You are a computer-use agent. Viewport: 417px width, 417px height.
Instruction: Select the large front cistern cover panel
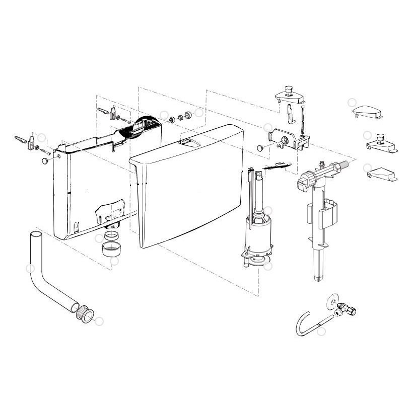pyautogui.click(x=189, y=186)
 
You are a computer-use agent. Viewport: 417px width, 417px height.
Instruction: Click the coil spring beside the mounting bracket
pyautogui.click(x=303, y=123)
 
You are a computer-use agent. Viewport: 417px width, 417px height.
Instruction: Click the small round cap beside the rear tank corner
pyautogui.click(x=45, y=160)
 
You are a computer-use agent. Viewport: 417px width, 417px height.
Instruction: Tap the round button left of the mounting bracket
pyautogui.click(x=260, y=148)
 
